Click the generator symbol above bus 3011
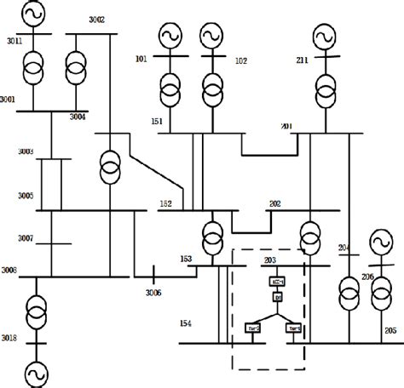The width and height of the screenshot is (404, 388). (x=35, y=14)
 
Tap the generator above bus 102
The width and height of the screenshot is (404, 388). (x=211, y=35)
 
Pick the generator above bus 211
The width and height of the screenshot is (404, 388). (x=325, y=37)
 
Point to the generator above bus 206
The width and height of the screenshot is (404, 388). (x=378, y=243)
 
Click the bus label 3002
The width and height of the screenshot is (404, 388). (x=97, y=19)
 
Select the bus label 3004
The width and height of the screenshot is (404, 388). (x=78, y=117)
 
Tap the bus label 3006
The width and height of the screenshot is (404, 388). (x=153, y=292)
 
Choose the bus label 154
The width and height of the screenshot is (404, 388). (x=186, y=324)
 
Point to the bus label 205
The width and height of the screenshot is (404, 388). (x=390, y=329)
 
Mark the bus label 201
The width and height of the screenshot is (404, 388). (x=286, y=127)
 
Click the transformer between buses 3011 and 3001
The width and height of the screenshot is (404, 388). (x=35, y=69)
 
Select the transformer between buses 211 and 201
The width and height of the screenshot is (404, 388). (x=325, y=88)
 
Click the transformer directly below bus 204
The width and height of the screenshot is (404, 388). (x=348, y=292)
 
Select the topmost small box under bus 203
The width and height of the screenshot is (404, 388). (x=277, y=280)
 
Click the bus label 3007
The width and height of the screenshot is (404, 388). (x=26, y=237)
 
